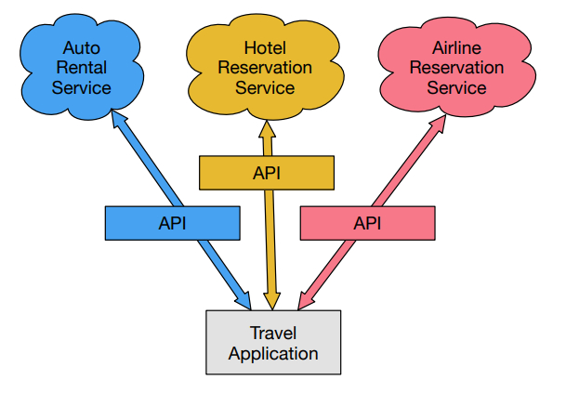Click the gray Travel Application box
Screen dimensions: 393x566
(272, 342)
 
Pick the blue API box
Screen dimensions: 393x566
(173, 222)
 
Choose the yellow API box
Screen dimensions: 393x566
(267, 172)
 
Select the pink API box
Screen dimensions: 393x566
(368, 222)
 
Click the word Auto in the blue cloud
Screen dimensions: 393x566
(81, 46)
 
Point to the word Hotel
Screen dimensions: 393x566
(265, 46)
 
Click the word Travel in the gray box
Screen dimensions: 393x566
(272, 333)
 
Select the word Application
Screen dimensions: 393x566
(272, 353)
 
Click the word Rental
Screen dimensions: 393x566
(81, 67)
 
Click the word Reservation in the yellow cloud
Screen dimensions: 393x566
(265, 67)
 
